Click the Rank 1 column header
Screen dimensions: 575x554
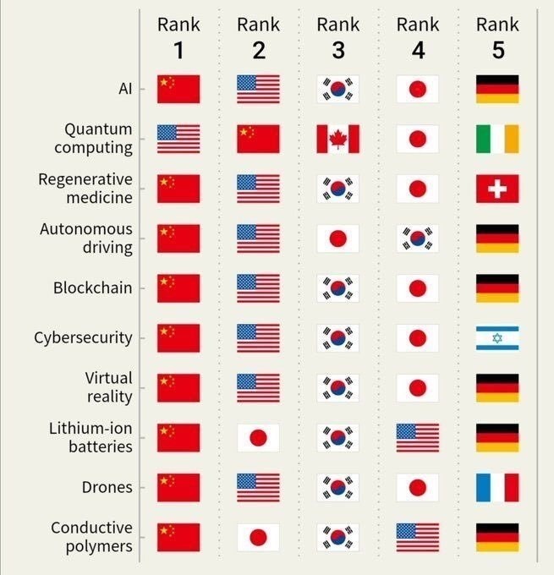click(x=178, y=38)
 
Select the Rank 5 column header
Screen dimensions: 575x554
click(x=497, y=38)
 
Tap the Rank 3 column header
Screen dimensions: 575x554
click(x=338, y=38)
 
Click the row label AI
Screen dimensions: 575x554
click(x=125, y=89)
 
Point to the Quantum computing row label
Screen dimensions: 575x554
click(x=93, y=139)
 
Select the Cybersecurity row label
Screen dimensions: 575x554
click(x=83, y=337)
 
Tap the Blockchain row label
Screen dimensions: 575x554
click(x=92, y=287)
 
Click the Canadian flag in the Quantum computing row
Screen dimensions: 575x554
click(x=338, y=139)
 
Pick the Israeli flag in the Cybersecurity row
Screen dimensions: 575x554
click(x=497, y=337)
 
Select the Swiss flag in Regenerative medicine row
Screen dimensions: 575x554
click(x=497, y=189)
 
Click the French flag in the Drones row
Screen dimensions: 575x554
click(x=497, y=487)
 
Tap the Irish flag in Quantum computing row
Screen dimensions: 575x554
click(x=497, y=139)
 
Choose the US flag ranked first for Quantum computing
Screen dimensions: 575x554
click(x=178, y=139)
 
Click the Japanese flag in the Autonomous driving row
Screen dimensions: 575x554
click(x=338, y=238)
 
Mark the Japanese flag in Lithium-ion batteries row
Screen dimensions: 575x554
click(x=258, y=437)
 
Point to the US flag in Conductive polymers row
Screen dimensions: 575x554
click(x=418, y=537)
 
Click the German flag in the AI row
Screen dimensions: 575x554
click(x=497, y=89)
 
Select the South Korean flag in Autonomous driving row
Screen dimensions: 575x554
click(x=418, y=238)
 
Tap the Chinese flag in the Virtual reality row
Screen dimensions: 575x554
click(x=178, y=387)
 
